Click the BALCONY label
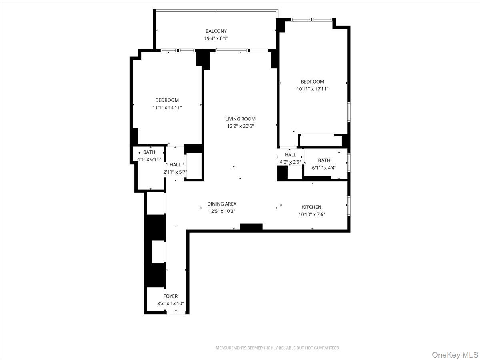216,31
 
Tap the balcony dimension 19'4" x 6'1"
216,38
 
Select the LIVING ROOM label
240,119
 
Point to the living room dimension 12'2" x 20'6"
240,126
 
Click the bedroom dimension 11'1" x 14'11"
167,107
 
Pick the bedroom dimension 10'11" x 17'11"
312,89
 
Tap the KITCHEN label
312,207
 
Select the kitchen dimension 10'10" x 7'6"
312,214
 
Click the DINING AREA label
222,204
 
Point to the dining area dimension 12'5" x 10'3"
222,211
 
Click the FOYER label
170,296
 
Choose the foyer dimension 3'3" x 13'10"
170,304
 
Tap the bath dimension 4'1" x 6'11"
149,159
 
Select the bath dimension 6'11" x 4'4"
324,168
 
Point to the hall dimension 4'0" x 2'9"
290,162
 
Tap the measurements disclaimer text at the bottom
278,348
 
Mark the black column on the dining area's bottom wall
251,227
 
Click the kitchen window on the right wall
349,206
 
